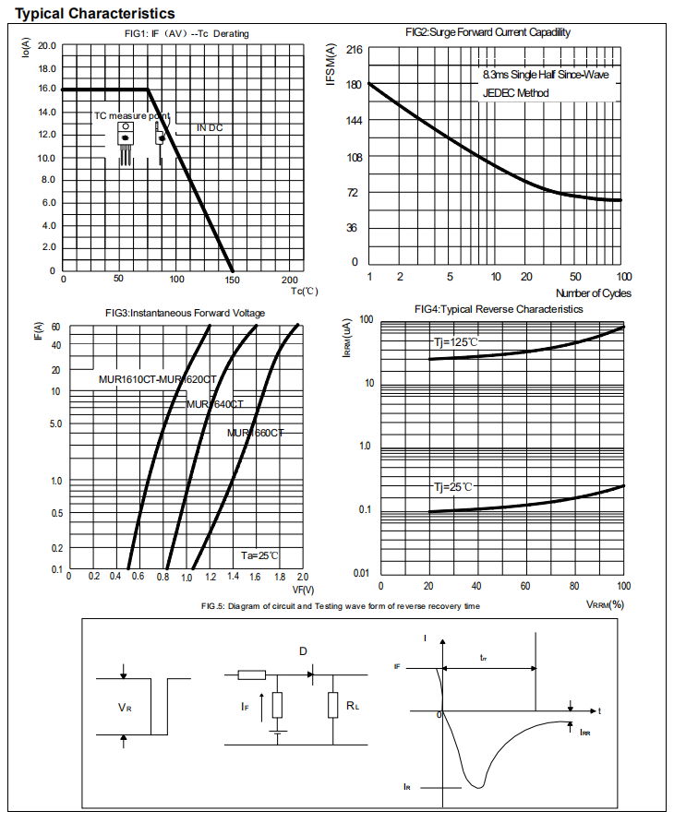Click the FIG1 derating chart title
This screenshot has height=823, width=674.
point(187,34)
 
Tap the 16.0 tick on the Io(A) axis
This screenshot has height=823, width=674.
point(46,89)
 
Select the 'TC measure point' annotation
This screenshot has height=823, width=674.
point(132,116)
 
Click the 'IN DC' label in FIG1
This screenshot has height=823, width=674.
point(210,127)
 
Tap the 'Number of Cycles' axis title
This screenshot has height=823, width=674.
point(594,293)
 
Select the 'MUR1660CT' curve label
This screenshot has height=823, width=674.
point(256,433)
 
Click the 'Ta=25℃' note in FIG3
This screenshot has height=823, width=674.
point(259,555)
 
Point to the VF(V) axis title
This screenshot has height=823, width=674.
point(303,590)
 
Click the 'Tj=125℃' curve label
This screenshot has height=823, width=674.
point(457,342)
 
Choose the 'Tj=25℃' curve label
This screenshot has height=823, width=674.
point(454,486)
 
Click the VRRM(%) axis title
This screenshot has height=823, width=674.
point(605,605)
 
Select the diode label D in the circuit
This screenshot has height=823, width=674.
point(303,651)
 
